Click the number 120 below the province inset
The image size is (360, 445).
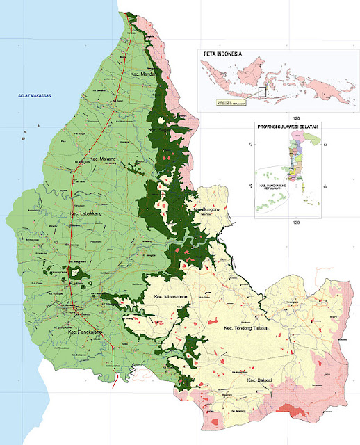295,222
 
